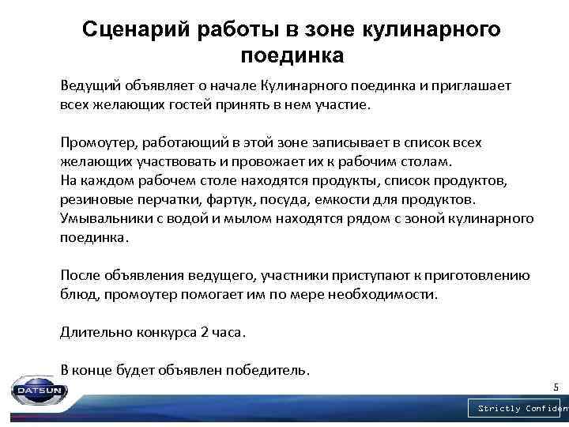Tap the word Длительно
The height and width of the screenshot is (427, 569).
[x=93, y=332]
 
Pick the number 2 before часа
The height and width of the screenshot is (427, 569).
[x=204, y=332]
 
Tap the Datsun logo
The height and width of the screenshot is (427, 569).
[x=35, y=390]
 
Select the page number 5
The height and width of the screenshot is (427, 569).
[x=555, y=387]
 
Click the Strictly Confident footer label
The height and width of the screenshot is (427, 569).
[x=520, y=408]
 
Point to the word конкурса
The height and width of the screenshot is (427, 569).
[x=164, y=332]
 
